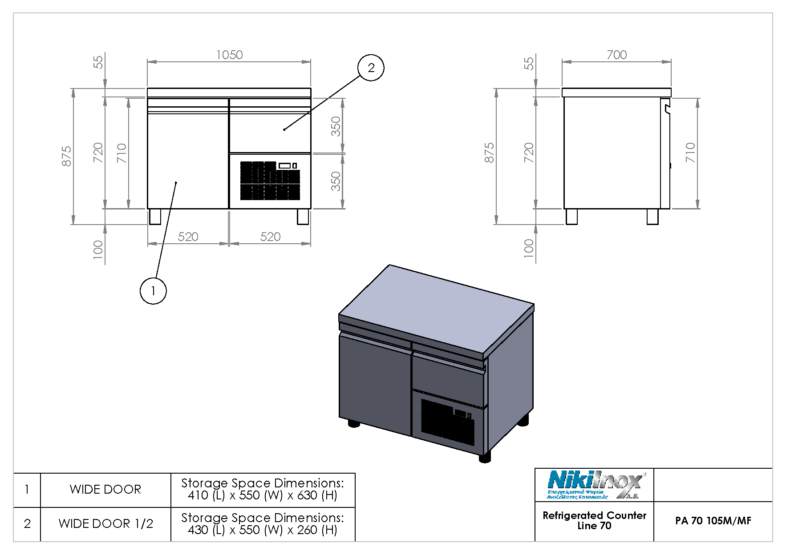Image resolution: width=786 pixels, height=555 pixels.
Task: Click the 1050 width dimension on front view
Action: click(x=229, y=55)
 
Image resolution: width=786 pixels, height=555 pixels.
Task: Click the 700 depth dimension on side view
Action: click(x=616, y=55)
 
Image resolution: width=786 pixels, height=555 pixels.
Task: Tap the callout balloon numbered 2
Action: click(x=371, y=68)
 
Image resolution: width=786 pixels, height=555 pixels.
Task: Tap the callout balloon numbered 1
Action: click(x=153, y=291)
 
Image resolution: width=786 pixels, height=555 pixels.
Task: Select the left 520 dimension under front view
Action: click(x=188, y=237)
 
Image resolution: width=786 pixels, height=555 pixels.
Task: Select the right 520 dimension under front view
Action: click(x=270, y=237)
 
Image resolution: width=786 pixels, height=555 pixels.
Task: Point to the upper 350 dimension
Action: click(x=336, y=126)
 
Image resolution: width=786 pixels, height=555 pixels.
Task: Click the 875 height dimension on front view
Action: click(x=66, y=156)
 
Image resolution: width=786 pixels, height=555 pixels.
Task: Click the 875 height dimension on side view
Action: click(x=489, y=153)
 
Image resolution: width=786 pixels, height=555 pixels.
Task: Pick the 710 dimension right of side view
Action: click(x=690, y=153)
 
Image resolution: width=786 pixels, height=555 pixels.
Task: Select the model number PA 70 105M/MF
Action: click(x=713, y=521)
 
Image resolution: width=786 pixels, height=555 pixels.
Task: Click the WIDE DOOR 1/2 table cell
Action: click(x=105, y=524)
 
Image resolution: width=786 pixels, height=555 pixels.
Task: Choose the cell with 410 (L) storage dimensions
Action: click(x=263, y=490)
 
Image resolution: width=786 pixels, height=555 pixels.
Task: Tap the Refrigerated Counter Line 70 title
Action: click(x=594, y=520)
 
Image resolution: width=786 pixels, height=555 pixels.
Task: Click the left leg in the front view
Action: click(x=155, y=217)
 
